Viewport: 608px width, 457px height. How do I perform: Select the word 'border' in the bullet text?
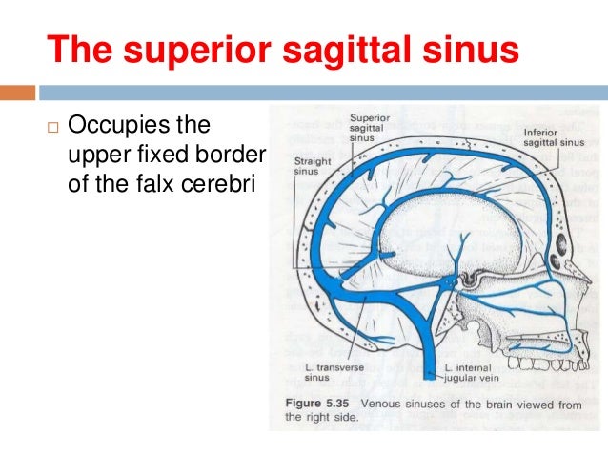pyautogui.click(x=233, y=155)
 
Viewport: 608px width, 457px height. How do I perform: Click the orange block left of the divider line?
pyautogui.click(x=17, y=93)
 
